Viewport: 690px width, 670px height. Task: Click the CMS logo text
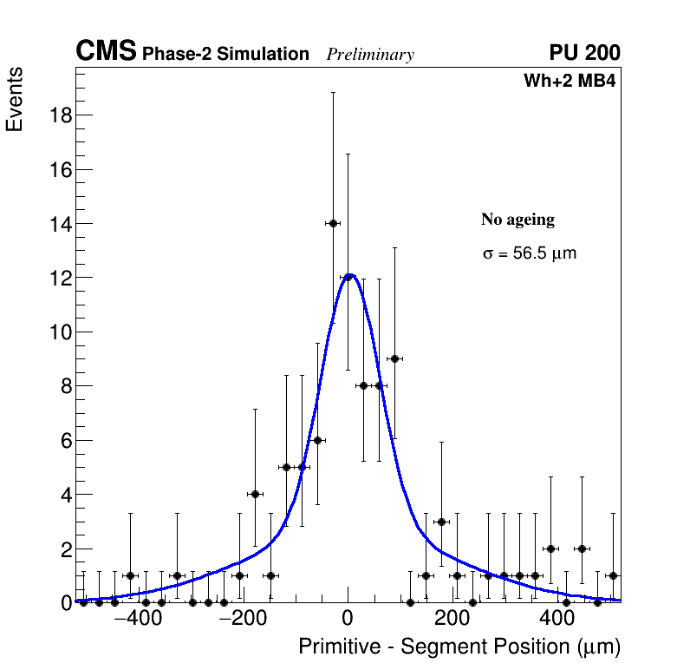[x=106, y=52]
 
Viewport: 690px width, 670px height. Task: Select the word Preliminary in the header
[x=370, y=55]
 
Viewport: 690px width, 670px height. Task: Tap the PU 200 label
[x=584, y=53]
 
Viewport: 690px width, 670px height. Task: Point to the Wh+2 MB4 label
[x=570, y=82]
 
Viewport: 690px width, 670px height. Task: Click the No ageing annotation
[x=517, y=220]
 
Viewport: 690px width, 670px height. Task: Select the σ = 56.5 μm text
[x=529, y=254]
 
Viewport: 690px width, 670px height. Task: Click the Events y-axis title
[x=15, y=101]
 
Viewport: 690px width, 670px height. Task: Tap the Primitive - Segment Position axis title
[x=459, y=647]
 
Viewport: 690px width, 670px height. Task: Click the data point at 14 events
[x=332, y=223]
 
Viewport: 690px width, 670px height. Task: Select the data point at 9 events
[x=394, y=358]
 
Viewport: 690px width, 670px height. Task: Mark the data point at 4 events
[x=255, y=494]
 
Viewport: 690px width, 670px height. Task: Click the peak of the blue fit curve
[x=349, y=276]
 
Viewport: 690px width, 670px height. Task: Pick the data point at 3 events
[x=441, y=522]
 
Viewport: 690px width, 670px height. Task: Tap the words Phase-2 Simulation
[x=225, y=55]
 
